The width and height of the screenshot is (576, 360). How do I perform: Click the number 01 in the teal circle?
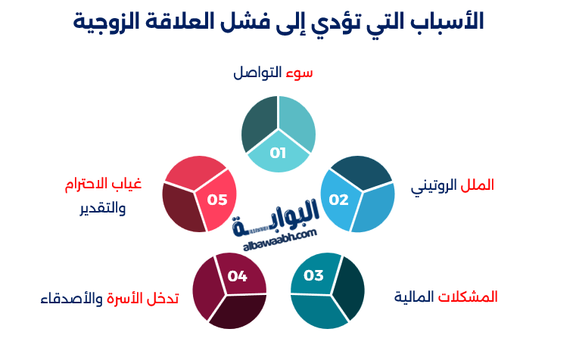[x=278, y=154]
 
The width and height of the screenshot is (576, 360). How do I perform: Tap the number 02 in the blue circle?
[x=338, y=200]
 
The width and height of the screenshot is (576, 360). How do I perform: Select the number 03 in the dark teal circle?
[x=313, y=275]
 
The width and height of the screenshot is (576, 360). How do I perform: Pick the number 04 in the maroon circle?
[x=238, y=276]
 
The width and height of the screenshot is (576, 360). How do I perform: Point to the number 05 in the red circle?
[x=217, y=200]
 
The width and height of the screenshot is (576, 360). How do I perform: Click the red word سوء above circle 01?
[x=299, y=73]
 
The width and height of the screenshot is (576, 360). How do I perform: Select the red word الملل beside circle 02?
[x=477, y=185]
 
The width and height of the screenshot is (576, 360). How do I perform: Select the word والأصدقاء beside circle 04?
[x=70, y=298]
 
